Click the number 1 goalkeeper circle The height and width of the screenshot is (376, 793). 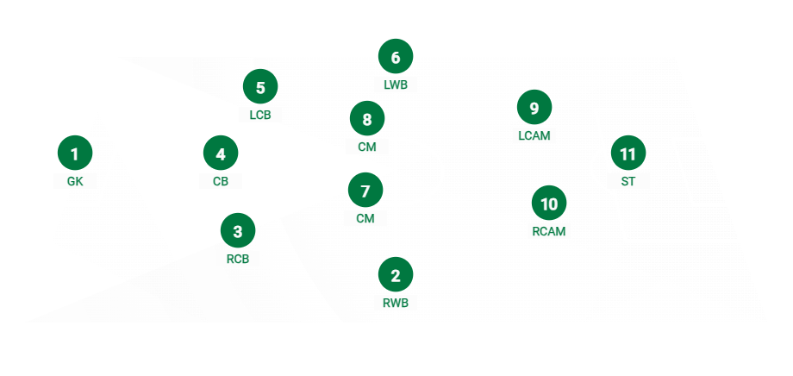(75, 154)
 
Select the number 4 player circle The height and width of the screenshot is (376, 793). (221, 154)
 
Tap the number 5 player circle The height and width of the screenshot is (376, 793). (260, 86)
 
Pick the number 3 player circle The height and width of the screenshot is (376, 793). (238, 230)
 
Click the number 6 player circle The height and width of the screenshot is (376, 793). (396, 58)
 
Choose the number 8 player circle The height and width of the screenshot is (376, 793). (366, 119)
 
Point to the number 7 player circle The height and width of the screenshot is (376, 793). (365, 190)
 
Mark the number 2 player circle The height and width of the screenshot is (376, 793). (396, 275)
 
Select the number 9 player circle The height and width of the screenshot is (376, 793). (534, 108)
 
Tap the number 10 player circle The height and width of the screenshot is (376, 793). (549, 204)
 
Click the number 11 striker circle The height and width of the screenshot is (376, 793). (628, 154)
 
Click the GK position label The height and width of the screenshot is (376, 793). (75, 181)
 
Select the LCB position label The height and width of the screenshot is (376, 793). (260, 114)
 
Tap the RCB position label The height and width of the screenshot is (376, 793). (238, 258)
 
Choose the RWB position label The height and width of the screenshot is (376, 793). (396, 303)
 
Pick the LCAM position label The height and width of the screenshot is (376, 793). (534, 135)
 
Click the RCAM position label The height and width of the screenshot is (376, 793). (549, 231)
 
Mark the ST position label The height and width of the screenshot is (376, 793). (628, 181)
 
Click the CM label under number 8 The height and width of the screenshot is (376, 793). (366, 147)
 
